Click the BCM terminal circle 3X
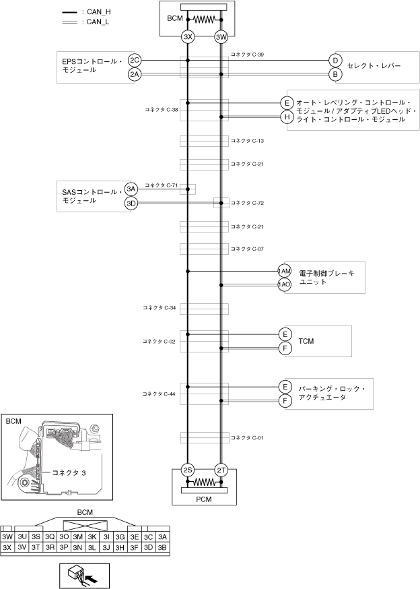click(x=188, y=38)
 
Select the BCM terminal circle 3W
click(x=221, y=38)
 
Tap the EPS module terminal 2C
click(x=135, y=61)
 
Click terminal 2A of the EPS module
click(x=135, y=74)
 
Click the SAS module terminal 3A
click(x=131, y=189)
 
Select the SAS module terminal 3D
click(x=131, y=203)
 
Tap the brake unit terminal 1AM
click(x=285, y=271)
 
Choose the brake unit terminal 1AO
click(x=285, y=284)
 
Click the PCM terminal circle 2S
click(x=188, y=470)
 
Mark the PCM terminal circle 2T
click(x=221, y=470)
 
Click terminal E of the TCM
click(x=285, y=334)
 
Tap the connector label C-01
click(x=247, y=438)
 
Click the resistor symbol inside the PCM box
click(x=205, y=483)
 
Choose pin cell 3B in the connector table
click(x=162, y=547)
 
